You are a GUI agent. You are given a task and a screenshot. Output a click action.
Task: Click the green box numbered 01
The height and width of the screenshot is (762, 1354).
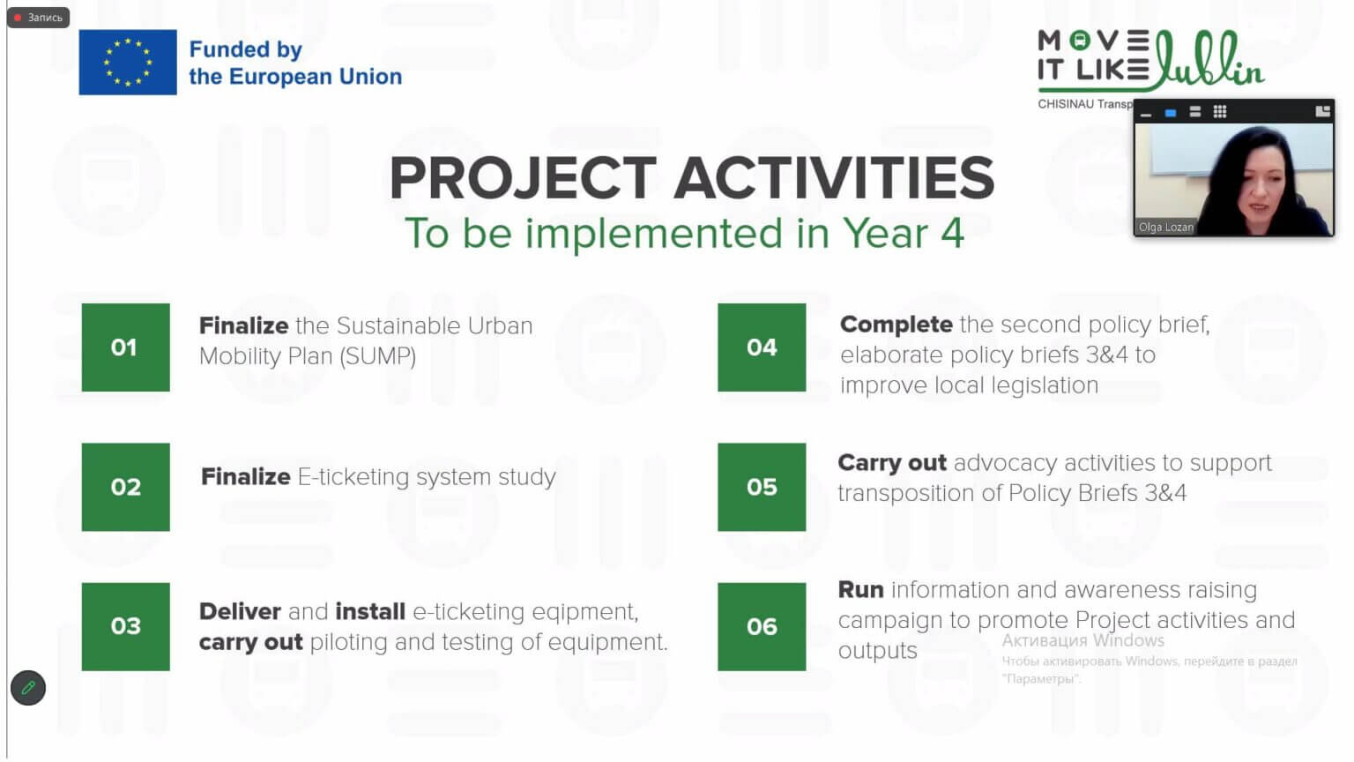(126, 347)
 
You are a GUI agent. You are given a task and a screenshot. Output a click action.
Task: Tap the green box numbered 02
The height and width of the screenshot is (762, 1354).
(126, 487)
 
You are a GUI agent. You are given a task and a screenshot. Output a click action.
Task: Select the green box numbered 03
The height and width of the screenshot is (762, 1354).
(126, 626)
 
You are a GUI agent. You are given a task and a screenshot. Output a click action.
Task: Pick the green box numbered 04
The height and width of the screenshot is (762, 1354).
(762, 347)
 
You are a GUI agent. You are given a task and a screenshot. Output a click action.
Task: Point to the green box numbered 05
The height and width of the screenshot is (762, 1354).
(762, 487)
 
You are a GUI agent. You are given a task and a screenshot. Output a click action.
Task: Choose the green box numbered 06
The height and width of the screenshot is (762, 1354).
(762, 626)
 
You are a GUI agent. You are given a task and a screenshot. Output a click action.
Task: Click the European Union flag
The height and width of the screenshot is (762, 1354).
(128, 63)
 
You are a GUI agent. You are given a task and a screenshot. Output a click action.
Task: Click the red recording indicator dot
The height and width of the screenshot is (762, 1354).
(19, 18)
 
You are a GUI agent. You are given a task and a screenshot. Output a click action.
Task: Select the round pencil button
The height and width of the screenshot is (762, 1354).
(28, 688)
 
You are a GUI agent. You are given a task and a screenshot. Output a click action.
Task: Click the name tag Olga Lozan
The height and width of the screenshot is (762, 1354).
(1165, 227)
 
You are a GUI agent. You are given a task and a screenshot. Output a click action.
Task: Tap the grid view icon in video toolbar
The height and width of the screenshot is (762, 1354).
(1220, 112)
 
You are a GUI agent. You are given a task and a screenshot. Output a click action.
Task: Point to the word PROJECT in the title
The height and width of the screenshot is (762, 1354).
(523, 178)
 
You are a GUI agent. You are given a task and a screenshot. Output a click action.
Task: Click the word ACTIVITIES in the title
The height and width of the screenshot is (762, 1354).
(834, 178)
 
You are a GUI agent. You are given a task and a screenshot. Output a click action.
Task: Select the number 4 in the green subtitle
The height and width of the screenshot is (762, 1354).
(952, 234)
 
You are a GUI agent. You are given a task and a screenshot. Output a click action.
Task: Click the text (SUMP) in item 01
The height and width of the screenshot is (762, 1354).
(378, 356)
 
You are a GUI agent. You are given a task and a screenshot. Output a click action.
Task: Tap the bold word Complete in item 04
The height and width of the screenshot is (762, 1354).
(896, 325)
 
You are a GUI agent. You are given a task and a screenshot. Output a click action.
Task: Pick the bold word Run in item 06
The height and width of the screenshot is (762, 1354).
(860, 590)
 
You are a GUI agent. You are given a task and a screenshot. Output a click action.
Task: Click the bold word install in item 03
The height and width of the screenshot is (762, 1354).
(370, 611)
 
